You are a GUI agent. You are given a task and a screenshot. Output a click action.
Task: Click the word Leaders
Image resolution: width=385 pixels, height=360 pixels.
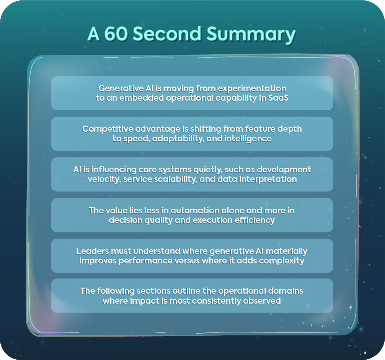coord(91,251)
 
